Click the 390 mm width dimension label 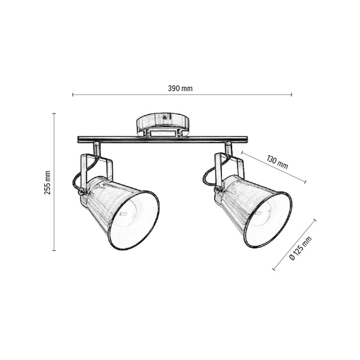tap(180, 88)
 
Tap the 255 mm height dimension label tap(47, 182)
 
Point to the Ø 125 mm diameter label tap(301, 248)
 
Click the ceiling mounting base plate tap(163, 124)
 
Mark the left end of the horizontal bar tap(79, 139)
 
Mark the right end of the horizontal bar tap(246, 139)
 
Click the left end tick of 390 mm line tap(73, 95)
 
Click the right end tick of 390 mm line tap(292, 95)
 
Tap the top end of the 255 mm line tap(54, 113)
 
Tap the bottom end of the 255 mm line tap(54, 250)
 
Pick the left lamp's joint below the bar tap(96, 146)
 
